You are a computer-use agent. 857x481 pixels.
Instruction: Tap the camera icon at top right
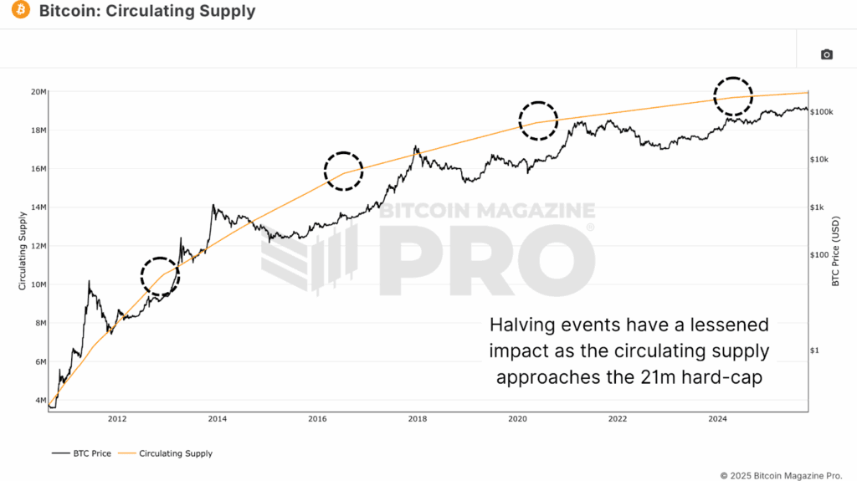826,54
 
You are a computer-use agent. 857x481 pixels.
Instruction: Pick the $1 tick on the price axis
815,351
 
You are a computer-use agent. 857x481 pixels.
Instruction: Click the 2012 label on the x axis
117,418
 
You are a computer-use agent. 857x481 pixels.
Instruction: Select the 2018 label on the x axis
417,418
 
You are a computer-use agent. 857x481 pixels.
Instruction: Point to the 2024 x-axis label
717,418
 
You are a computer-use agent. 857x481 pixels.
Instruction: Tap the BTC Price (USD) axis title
834,251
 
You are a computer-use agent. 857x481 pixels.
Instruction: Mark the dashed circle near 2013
160,276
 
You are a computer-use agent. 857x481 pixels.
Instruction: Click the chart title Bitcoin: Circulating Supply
147,12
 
